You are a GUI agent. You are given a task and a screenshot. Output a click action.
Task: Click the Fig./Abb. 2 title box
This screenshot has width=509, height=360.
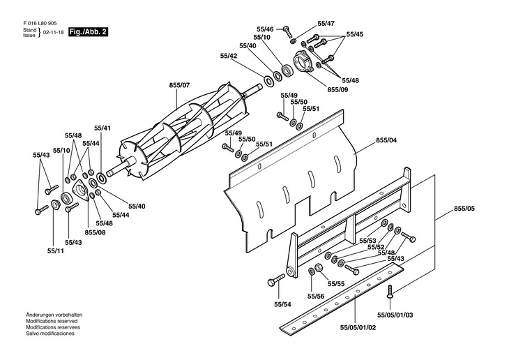click(x=88, y=32)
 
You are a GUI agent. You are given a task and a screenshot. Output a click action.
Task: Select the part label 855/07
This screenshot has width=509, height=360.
click(x=179, y=85)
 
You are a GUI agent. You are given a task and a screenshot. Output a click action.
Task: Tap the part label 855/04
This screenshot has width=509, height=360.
click(x=386, y=140)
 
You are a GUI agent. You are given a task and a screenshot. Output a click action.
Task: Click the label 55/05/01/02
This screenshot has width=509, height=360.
click(x=358, y=327)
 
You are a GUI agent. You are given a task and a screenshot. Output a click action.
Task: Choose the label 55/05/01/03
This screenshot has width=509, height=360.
click(x=395, y=315)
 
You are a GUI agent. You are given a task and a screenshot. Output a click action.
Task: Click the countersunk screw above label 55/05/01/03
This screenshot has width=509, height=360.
click(x=390, y=292)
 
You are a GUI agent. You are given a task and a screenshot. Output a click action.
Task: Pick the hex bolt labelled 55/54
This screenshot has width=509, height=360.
click(x=276, y=280)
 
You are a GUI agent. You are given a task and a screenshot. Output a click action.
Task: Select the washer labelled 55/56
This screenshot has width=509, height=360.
click(x=311, y=270)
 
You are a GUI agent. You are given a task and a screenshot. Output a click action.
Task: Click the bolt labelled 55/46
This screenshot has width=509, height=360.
click(x=287, y=32)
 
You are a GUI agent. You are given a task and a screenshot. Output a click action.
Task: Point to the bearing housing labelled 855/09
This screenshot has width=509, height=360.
click(x=303, y=61)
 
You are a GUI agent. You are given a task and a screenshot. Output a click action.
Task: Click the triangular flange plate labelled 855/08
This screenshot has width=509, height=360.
click(x=80, y=191)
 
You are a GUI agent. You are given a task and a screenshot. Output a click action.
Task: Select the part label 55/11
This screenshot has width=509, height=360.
click(x=56, y=251)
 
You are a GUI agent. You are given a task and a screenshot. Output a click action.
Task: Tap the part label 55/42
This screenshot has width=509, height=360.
click(x=229, y=56)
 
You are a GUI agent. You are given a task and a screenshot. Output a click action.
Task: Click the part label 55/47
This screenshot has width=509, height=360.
click(x=326, y=24)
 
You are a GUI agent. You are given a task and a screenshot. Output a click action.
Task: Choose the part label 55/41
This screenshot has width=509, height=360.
click(x=102, y=128)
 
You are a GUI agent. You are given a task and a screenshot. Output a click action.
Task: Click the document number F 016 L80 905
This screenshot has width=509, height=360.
click(x=40, y=24)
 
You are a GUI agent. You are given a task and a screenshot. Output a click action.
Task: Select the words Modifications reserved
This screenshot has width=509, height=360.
click(x=52, y=321)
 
